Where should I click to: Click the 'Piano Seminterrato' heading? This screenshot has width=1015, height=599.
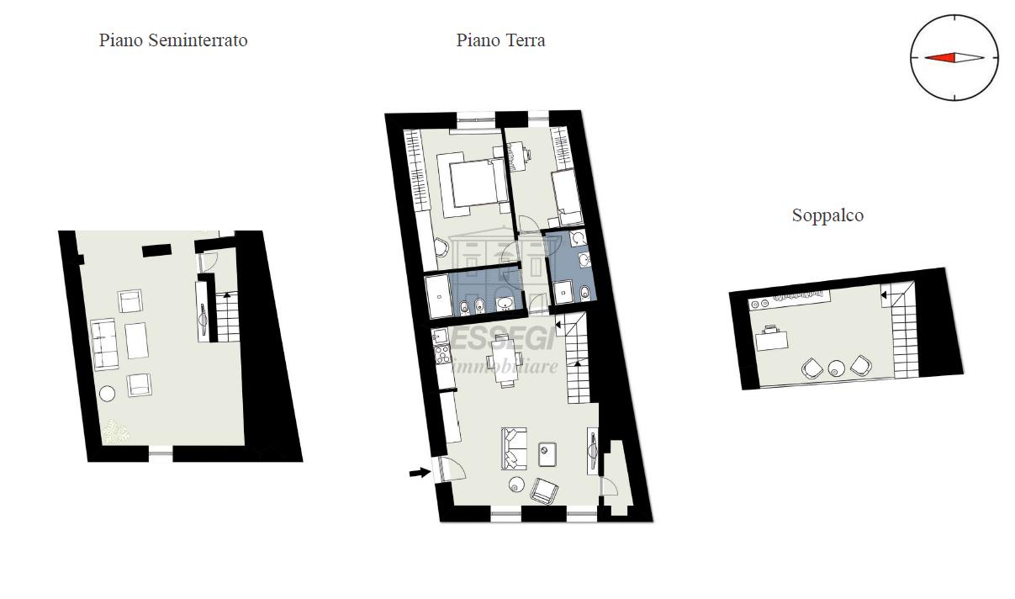coord(173,40)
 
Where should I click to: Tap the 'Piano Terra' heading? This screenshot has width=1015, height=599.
coord(500,40)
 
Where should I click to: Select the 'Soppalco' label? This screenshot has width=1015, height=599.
coord(827,215)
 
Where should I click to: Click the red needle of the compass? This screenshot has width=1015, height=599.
coord(939,57)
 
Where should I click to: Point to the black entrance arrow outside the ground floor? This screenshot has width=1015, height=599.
coord(420,473)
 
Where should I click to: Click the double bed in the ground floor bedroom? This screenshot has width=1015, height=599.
coord(472,184)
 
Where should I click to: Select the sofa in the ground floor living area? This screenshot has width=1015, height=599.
coord(514,448)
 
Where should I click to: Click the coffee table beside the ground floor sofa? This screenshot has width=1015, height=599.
coord(547,454)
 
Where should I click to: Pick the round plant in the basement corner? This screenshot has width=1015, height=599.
coord(115,432)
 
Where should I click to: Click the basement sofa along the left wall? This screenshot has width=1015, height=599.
coord(104,345)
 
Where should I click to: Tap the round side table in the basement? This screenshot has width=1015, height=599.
coord(108,394)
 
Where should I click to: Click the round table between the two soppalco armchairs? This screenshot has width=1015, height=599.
coord(836,368)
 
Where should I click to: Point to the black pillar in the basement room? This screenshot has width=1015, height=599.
coord(156,251)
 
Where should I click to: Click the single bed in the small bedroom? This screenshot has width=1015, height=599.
coord(567,198)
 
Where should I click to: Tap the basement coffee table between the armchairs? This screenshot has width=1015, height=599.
coord(136,341)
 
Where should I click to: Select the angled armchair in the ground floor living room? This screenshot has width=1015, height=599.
coord(544,490)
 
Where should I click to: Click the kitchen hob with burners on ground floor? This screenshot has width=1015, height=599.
coord(441,354)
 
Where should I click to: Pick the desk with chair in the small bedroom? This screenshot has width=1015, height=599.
coord(516,156)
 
